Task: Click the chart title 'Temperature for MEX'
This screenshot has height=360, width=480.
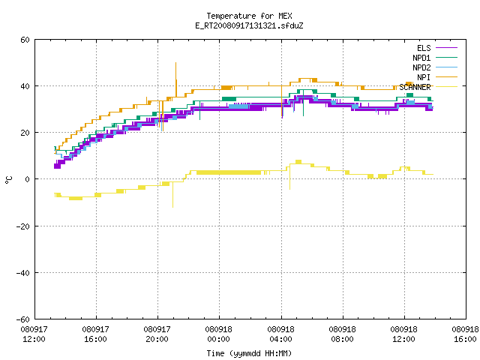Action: pyautogui.click(x=249, y=16)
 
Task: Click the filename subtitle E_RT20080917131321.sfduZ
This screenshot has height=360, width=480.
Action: pyautogui.click(x=249, y=25)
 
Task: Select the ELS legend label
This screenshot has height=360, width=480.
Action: pyautogui.click(x=424, y=48)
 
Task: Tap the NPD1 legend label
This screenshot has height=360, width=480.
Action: pyautogui.click(x=421, y=58)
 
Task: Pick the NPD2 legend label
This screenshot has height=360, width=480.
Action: pyautogui.click(x=421, y=67)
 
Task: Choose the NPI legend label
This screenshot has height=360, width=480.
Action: pyautogui.click(x=424, y=77)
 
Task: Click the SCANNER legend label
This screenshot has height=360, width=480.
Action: pyautogui.click(x=415, y=87)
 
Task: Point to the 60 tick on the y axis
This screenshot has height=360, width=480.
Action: pyautogui.click(x=25, y=40)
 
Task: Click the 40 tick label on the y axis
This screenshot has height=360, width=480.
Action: pyautogui.click(x=25, y=86)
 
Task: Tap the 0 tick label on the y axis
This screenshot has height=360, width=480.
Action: pyautogui.click(x=28, y=179)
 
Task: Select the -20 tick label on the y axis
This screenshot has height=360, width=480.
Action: pyautogui.click(x=23, y=226)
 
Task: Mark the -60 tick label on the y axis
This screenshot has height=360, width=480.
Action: pyautogui.click(x=23, y=319)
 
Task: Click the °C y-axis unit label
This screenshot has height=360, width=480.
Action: pyautogui.click(x=8, y=180)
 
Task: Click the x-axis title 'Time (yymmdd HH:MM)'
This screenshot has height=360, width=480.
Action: pyautogui.click(x=249, y=353)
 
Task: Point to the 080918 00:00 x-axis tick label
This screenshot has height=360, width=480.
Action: pyautogui.click(x=219, y=334)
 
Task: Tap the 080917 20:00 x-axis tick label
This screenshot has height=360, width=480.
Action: pyautogui.click(x=157, y=334)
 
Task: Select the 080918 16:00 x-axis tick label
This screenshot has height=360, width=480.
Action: pyautogui.click(x=465, y=334)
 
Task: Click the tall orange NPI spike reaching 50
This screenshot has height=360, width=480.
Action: pyautogui.click(x=176, y=79)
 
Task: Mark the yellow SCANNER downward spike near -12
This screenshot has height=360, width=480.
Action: pyautogui.click(x=173, y=195)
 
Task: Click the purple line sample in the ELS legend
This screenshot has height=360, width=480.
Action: pyautogui.click(x=446, y=48)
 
